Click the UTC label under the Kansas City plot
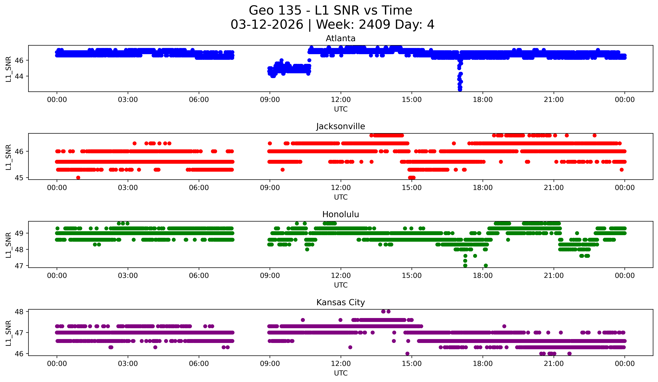(341, 373)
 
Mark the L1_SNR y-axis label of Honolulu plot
(8, 245)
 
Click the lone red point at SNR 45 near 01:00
(78, 178)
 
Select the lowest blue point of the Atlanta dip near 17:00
(460, 90)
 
